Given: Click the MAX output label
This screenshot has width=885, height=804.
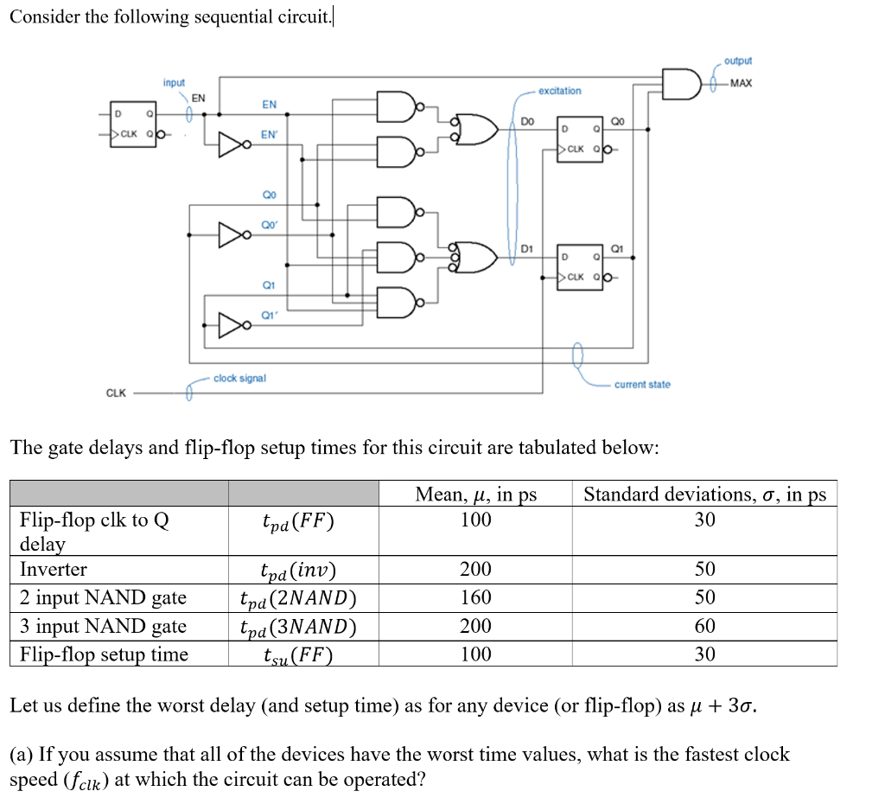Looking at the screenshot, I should pos(741,83).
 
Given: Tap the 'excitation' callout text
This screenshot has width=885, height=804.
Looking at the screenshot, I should pos(559,91).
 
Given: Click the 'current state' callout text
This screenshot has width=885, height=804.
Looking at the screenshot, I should pos(642,384).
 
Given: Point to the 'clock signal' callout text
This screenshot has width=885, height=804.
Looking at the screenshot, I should pos(239,379).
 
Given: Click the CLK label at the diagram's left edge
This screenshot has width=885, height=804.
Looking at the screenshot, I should pos(117,393).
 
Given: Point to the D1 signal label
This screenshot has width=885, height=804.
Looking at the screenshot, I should pos(526,250).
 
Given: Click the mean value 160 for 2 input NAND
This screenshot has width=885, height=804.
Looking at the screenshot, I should pos(475,597).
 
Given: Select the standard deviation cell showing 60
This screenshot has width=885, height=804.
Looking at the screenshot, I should pos(704,626).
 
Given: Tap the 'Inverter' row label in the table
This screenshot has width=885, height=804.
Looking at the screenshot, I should pos(54,569).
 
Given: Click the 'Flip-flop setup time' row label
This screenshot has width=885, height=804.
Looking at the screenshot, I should pos(104,654).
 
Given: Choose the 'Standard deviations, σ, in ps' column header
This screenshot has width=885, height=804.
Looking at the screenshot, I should pos(704,495).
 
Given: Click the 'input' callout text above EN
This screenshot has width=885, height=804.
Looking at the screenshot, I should pos(174,82).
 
